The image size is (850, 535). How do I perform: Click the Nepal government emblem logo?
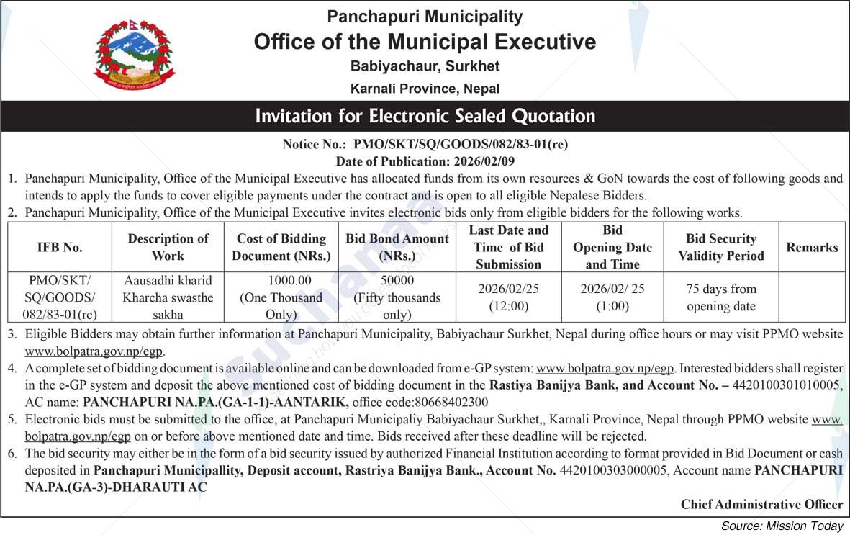click(x=135, y=55)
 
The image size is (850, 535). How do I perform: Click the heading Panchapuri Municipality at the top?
click(x=425, y=16)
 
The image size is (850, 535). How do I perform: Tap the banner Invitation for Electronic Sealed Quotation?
click(x=425, y=116)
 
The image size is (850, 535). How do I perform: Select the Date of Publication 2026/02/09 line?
click(x=425, y=161)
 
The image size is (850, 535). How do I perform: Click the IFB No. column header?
click(x=60, y=247)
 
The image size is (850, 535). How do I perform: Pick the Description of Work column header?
click(x=168, y=247)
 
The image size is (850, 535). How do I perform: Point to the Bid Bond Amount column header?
click(x=397, y=247)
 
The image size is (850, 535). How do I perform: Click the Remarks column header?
click(x=812, y=247)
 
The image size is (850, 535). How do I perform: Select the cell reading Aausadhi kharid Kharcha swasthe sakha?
click(x=168, y=297)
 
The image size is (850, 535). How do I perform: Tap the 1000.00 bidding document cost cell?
click(x=281, y=297)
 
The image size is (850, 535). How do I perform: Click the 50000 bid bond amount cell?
click(x=397, y=297)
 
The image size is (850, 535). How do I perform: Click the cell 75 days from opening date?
click(x=720, y=297)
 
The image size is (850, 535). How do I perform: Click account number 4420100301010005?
click(x=787, y=385)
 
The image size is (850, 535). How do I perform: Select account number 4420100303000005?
click(x=614, y=470)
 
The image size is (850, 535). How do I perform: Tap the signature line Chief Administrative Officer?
click(x=761, y=504)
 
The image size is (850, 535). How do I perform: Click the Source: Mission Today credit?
click(x=782, y=526)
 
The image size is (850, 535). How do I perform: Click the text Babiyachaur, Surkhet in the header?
click(x=425, y=66)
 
